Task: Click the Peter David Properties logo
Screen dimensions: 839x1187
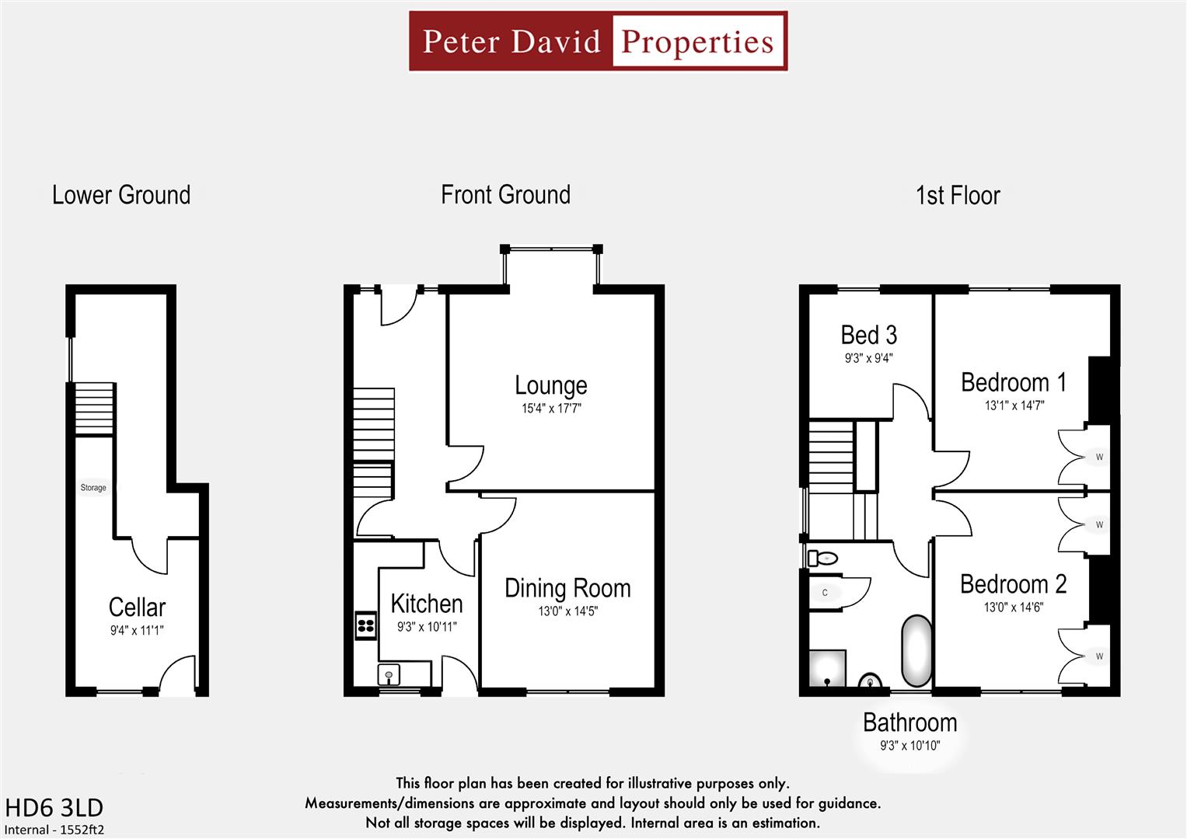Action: pos(598,41)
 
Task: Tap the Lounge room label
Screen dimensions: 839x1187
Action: pos(550,385)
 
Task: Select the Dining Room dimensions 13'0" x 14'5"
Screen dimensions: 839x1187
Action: pos(567,611)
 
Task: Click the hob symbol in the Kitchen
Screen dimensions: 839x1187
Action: pos(366,625)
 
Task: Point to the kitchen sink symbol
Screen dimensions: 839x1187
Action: pos(389,674)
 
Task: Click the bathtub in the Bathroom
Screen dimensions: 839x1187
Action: pos(916,652)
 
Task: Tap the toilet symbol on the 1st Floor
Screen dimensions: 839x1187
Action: pos(822,558)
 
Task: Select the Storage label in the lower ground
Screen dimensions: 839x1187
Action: pos(93,488)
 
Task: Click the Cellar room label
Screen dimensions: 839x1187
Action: pos(137,607)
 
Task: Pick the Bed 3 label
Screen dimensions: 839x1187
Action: pos(868,336)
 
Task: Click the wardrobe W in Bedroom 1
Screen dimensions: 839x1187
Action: pos(1098,457)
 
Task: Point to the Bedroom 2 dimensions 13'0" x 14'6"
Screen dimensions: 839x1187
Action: pos(1013,607)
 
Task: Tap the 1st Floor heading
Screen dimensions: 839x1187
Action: pos(957,196)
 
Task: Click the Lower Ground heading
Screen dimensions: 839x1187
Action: pos(121,195)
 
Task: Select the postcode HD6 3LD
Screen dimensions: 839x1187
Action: pos(54,808)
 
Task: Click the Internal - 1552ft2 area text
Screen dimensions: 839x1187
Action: pos(54,830)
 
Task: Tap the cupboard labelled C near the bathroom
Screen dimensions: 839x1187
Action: pos(825,593)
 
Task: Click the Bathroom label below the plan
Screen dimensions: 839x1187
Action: pos(909,722)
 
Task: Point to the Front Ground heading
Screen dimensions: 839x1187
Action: pos(505,195)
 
